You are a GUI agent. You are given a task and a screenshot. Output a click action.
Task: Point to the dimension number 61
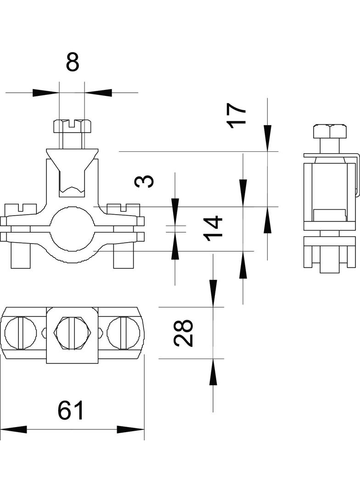[x=72, y=411]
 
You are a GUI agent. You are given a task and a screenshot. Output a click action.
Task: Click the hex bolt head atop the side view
[x=329, y=131]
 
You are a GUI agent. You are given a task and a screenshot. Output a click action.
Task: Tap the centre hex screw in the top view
[x=72, y=333]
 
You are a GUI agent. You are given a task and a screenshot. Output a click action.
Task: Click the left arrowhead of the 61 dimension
[x=14, y=430]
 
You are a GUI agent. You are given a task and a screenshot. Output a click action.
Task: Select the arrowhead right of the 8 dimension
[x=98, y=93]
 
